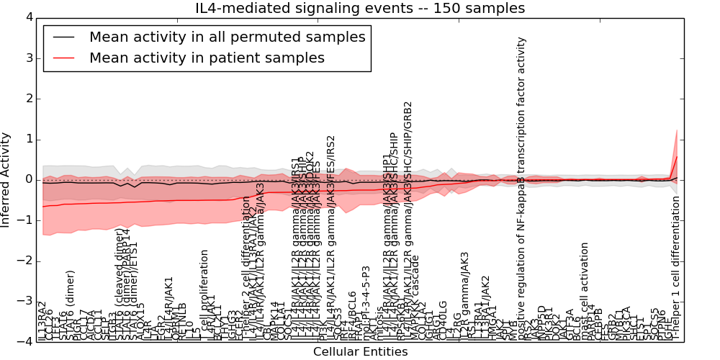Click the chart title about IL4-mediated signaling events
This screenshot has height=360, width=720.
click(360, 9)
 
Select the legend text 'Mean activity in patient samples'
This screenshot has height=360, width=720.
click(207, 58)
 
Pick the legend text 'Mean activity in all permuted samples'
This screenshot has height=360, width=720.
click(227, 37)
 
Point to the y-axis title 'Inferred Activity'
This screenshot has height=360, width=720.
click(6, 179)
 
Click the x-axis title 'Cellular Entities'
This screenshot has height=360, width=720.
click(360, 352)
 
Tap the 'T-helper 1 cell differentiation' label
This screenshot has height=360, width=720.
click(676, 266)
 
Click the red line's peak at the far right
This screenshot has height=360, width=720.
click(677, 156)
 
